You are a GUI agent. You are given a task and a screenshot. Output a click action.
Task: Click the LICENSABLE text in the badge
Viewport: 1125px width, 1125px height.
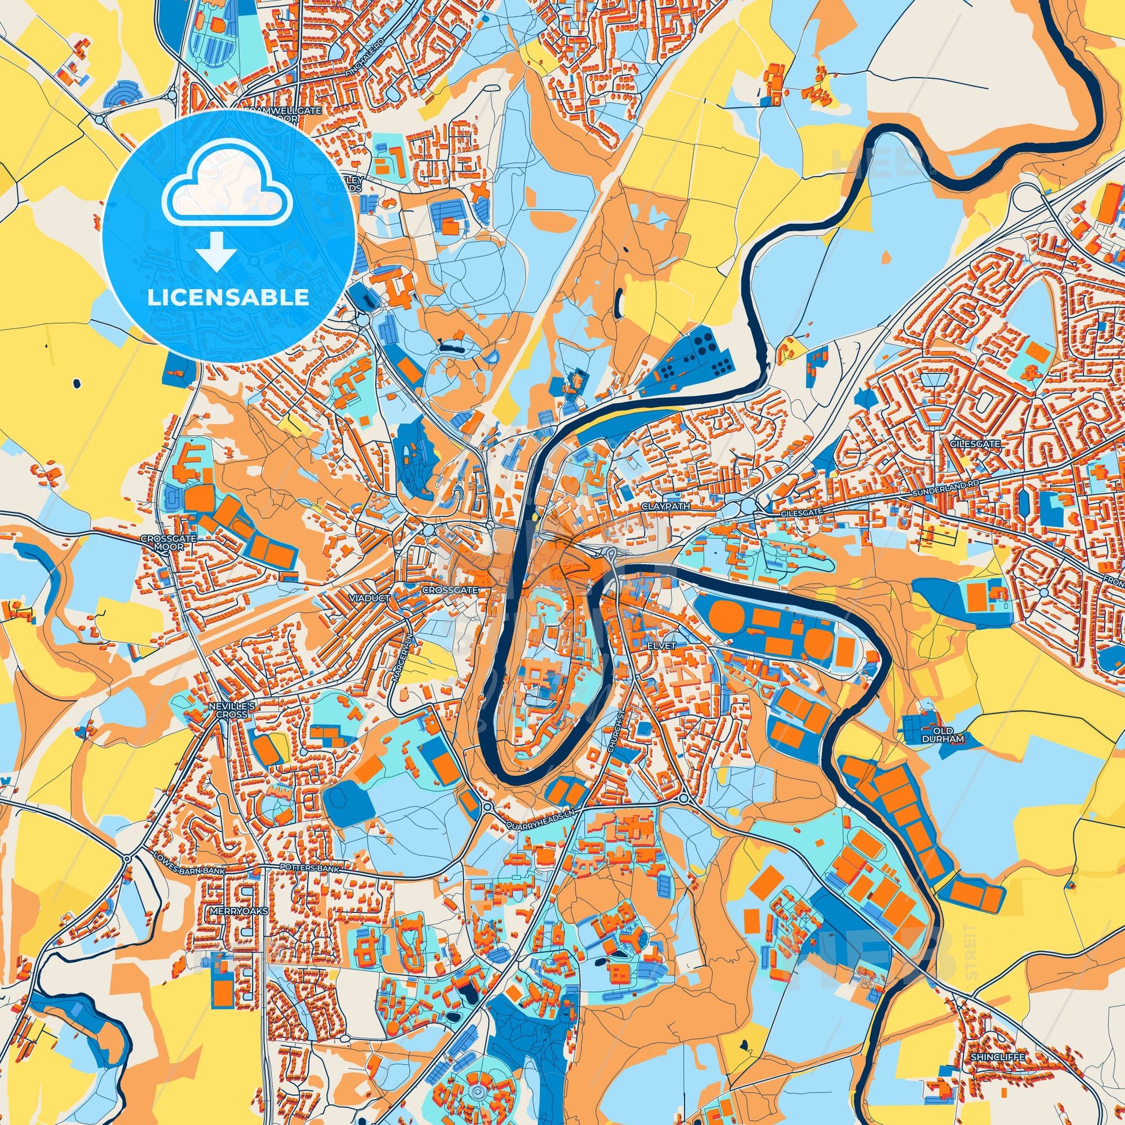pyautogui.click(x=228, y=298)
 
